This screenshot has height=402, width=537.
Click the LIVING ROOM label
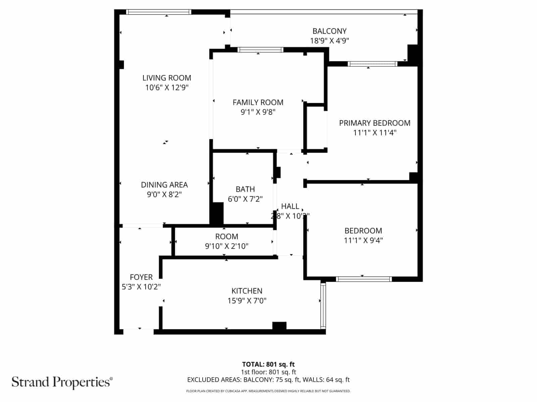point(167,78)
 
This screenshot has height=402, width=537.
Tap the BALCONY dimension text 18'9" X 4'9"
point(330,41)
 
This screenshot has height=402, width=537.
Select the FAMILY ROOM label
point(258,102)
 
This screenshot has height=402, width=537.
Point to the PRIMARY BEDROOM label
point(375,123)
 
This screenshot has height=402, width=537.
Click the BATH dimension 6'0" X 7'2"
point(245,199)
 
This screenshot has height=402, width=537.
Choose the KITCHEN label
point(247,291)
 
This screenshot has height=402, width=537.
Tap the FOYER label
point(141,277)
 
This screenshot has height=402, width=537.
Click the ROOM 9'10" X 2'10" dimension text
point(227,246)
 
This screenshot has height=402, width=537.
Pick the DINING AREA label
point(164,185)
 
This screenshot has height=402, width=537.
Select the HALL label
point(290,206)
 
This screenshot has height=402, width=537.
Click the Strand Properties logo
point(62,382)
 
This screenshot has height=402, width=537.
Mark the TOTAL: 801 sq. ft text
point(268,364)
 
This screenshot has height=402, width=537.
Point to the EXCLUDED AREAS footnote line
point(268,380)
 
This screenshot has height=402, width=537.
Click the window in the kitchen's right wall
point(323,306)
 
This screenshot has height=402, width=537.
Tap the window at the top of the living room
point(159,12)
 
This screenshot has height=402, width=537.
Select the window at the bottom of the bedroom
point(364,279)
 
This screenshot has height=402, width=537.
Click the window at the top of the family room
point(260,50)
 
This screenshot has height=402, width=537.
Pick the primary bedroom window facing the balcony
point(373,64)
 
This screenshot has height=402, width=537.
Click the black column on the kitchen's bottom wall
point(279,326)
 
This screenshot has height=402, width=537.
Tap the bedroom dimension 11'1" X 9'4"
point(363,240)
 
